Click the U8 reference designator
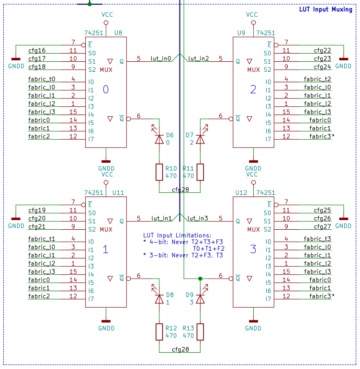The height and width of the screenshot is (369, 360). tap(118, 33)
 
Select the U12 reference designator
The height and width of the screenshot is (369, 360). tap(241, 192)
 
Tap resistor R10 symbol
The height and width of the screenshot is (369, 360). tap(159, 172)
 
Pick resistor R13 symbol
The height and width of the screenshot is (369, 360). tap(200, 332)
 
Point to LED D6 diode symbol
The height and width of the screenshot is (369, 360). tap(159, 139)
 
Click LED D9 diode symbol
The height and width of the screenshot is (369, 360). tap(200, 298)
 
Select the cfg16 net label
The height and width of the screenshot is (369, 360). tap(37, 50)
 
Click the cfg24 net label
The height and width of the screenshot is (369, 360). tap(322, 67)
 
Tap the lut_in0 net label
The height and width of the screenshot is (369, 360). tap(160, 58)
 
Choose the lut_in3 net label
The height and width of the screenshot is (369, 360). tap(198, 218)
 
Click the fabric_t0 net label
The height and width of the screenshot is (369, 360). tap(42, 79)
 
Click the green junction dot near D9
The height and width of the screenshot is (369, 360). tap(200, 278)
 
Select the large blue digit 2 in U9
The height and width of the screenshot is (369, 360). tap(253, 89)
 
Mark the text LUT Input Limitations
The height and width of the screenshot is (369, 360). tap(177, 235)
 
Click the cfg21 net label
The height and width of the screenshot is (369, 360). tap(37, 226)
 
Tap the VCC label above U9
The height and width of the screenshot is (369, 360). tap(252, 15)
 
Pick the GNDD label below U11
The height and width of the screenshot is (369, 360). tap(106, 328)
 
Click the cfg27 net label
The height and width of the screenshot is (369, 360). tap(322, 226)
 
